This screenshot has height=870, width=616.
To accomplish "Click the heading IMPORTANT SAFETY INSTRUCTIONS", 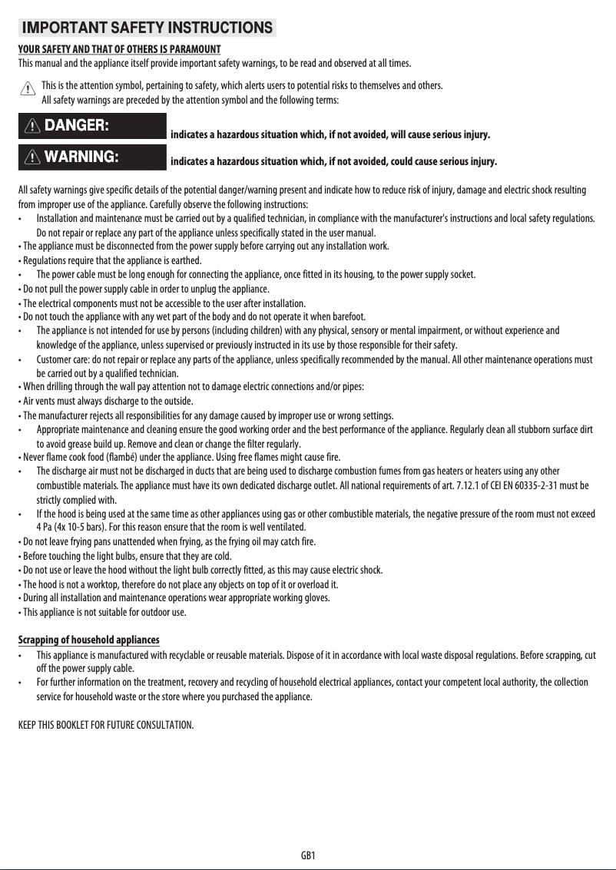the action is click(x=147, y=28).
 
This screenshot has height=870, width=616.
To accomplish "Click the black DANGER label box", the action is click(x=92, y=126).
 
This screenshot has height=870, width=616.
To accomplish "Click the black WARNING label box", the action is click(x=92, y=157).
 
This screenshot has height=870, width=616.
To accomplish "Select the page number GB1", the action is click(x=309, y=855).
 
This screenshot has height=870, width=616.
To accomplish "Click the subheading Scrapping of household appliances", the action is click(x=88, y=640).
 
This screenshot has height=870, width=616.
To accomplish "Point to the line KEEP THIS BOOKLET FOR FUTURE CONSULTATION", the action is click(x=106, y=725).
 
